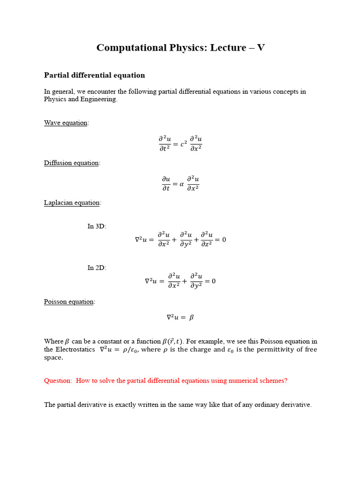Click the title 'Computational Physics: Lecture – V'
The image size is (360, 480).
point(180,48)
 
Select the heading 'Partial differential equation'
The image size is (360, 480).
point(94,75)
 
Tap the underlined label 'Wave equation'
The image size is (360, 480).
point(66,123)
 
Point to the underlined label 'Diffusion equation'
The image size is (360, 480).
point(71,163)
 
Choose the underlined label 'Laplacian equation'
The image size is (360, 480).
point(72,203)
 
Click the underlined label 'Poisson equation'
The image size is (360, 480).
point(69,302)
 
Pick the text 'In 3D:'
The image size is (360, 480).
point(97,226)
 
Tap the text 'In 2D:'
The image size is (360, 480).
point(97,268)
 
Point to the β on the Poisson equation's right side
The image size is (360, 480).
point(191,317)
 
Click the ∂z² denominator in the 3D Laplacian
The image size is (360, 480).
point(207,244)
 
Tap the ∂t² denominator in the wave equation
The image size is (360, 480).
point(165,149)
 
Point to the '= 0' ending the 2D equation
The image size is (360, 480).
point(210,281)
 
